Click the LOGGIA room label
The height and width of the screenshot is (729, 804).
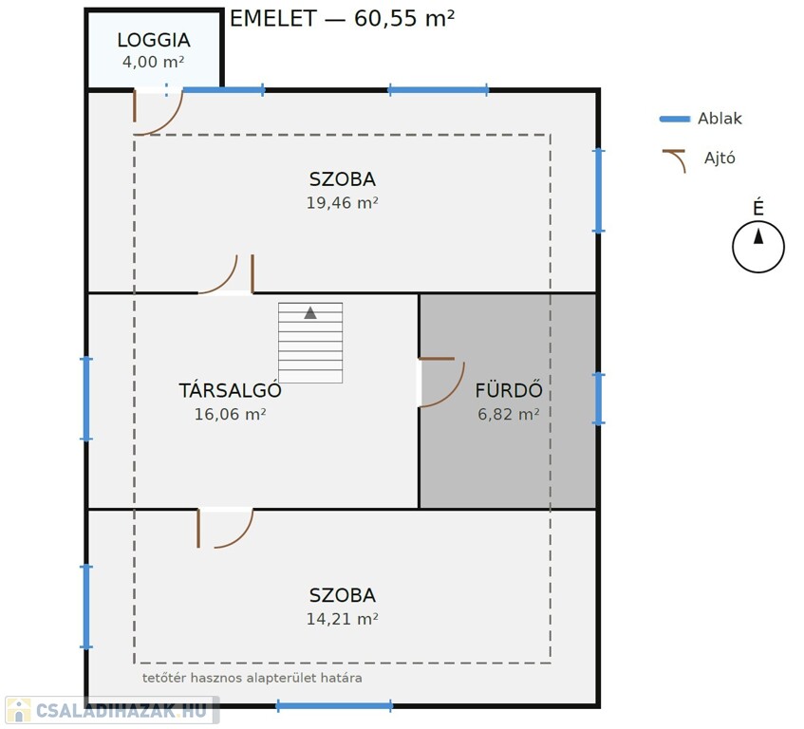154,40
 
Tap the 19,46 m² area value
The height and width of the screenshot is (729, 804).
342,203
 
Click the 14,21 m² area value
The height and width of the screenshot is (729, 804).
342,619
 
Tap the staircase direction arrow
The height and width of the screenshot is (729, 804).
310,312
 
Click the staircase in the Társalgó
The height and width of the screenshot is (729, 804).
310,343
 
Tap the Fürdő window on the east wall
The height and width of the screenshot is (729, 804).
598,399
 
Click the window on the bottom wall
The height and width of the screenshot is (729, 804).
334,705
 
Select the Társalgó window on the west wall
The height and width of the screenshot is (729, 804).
86,399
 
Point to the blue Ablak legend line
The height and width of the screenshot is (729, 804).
674,119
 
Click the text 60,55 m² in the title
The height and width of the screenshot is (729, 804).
404,18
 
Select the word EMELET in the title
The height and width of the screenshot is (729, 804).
272,19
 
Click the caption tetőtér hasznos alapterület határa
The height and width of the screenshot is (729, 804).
252,678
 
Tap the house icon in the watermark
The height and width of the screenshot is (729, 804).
19,710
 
